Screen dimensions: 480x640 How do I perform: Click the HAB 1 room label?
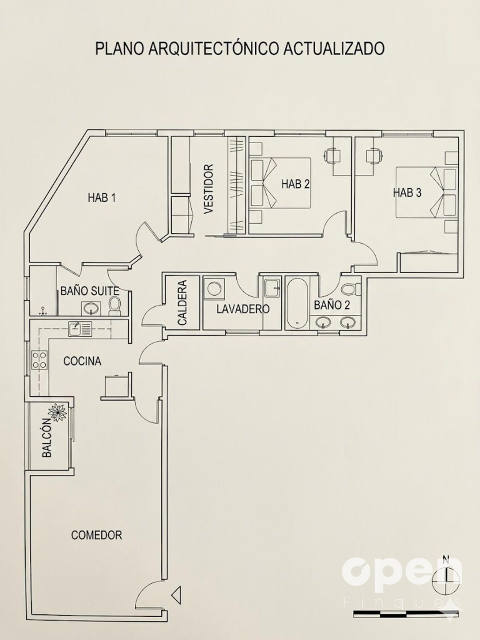coord(102,198)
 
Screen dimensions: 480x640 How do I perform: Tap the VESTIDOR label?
coord(209,189)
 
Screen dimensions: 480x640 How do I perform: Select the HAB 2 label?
coord(295,184)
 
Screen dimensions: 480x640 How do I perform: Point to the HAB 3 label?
coord(407,193)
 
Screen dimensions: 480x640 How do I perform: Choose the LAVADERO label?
coord(243,309)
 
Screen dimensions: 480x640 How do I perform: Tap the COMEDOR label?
coord(96,535)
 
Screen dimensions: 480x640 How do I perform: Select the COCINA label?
coord(82,361)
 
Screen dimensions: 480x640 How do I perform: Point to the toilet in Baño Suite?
coord(114,306)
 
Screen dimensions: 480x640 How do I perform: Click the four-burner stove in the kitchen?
coord(39,360)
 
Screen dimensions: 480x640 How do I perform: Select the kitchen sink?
coord(80,329)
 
